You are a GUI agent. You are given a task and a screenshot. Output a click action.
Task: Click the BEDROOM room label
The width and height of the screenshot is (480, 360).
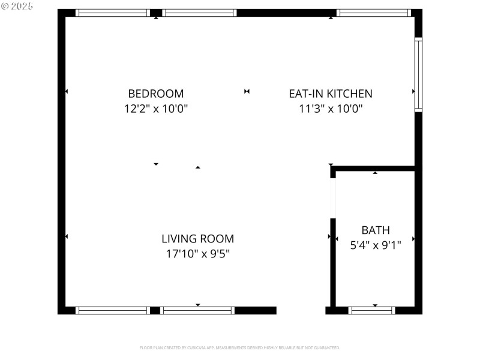[156, 94]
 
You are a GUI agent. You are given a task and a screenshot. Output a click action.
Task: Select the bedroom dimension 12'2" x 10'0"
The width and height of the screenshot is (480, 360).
[156, 109]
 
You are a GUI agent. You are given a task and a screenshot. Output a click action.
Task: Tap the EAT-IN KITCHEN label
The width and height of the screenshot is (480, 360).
[331, 94]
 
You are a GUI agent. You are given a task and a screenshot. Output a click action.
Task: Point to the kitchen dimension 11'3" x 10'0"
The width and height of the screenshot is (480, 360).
[331, 109]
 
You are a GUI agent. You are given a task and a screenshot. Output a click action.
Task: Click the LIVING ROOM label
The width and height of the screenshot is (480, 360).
[198, 239]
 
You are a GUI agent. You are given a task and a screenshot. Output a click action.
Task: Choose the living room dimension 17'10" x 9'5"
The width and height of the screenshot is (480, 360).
[198, 254]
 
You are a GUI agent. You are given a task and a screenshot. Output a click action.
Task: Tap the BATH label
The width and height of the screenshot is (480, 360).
[376, 230]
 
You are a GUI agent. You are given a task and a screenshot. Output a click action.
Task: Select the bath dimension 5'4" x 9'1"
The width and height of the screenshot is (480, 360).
[376, 245]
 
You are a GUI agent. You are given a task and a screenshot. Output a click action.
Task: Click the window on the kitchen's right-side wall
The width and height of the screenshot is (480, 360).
[418, 74]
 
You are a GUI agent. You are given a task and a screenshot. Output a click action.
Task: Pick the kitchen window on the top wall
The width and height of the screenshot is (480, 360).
[373, 13]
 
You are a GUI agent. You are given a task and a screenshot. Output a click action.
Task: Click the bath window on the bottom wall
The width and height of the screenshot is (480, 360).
[372, 310]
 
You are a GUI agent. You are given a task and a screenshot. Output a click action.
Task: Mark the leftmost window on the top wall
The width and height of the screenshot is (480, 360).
[112, 13]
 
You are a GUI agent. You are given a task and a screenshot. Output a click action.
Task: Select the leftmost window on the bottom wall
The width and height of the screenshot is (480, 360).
[112, 310]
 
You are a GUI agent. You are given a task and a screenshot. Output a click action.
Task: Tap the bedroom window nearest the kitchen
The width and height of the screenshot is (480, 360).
[199, 13]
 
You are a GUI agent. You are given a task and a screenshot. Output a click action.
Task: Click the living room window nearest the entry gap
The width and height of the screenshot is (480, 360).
[198, 310]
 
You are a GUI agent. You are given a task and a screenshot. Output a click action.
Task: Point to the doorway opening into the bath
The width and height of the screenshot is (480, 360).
[333, 198]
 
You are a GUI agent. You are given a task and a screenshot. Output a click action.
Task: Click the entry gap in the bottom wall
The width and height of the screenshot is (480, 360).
[301, 310]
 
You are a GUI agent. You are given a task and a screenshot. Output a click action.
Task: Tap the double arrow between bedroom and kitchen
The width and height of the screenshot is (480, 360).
[247, 91]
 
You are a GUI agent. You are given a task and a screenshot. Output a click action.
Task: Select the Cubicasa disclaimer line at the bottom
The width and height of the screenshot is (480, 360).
[240, 347]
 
